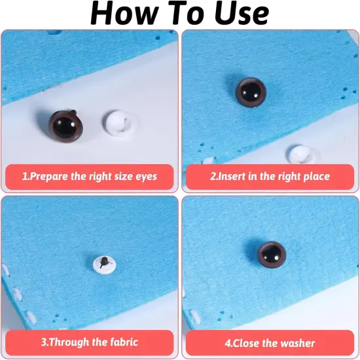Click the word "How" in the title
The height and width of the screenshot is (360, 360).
[x=124, y=13]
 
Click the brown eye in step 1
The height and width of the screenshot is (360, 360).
[x=66, y=126]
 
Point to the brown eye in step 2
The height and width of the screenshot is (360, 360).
[x=251, y=92]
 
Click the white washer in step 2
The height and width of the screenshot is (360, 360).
[x=302, y=154]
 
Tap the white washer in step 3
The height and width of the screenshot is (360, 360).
[x=105, y=264]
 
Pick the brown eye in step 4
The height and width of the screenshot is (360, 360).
[x=272, y=255]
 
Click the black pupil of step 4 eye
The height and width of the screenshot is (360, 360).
[x=272, y=254]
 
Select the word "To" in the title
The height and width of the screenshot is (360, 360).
[x=187, y=13]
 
